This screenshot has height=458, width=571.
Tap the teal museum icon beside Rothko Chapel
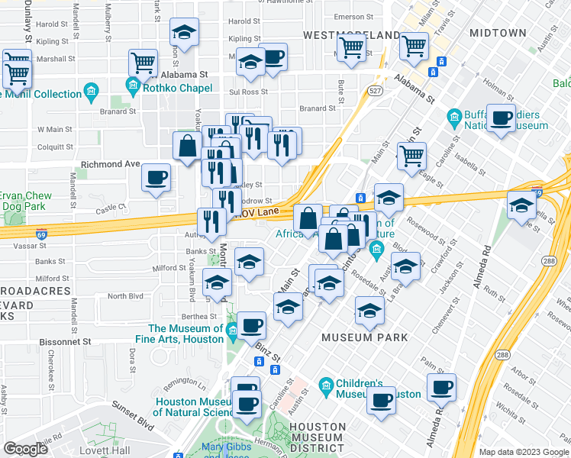pyautogui.click(x=134, y=87)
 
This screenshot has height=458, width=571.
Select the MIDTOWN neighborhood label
pyautogui.click(x=498, y=33)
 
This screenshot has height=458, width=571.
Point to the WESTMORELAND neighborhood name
pyautogui.click(x=351, y=35)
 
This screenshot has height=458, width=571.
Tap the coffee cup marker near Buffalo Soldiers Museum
pyautogui.click(x=501, y=118)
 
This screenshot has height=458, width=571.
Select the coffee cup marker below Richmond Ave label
pyautogui.click(x=156, y=178)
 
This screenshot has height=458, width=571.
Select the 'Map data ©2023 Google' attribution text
pyautogui.click(x=523, y=452)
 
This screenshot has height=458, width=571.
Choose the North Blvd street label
pyautogui.click(x=126, y=296)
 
